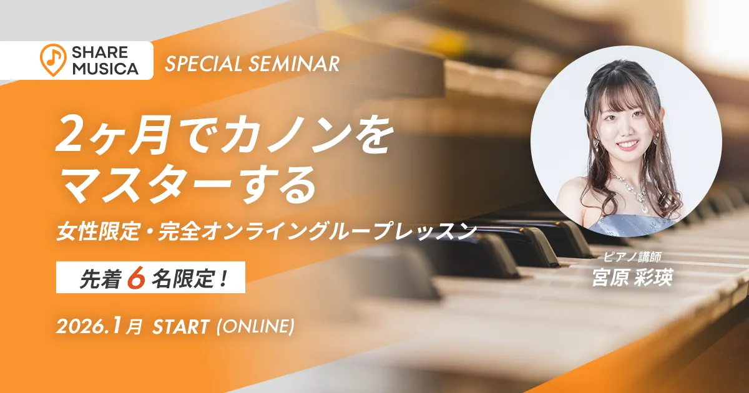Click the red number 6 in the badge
pyautogui.click(x=134, y=280)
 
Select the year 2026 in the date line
pyautogui.click(x=79, y=326)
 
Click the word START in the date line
pyautogui.click(x=180, y=326)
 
